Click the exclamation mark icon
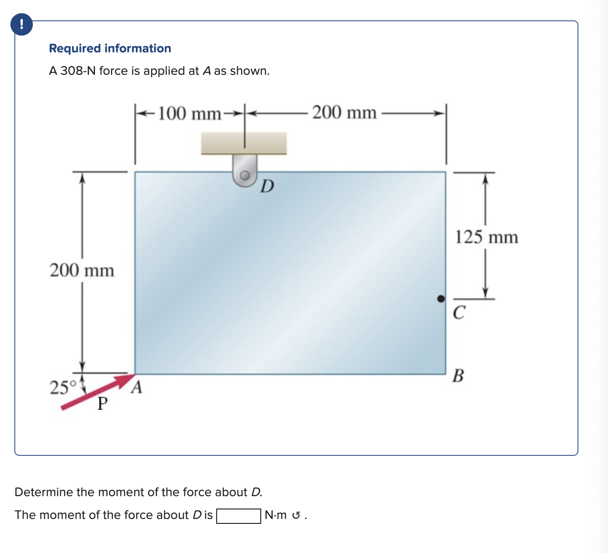21,24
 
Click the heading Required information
110,48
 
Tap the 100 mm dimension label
190,114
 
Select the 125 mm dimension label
486,237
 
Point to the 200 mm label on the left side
82,270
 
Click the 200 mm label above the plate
344,112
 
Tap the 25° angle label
62,387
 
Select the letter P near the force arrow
103,404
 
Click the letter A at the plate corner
137,387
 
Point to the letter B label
458,376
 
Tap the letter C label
459,313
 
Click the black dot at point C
441,299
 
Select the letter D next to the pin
267,186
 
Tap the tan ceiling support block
244,143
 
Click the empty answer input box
238,515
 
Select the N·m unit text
276,515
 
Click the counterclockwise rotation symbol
296,515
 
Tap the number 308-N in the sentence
78,71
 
